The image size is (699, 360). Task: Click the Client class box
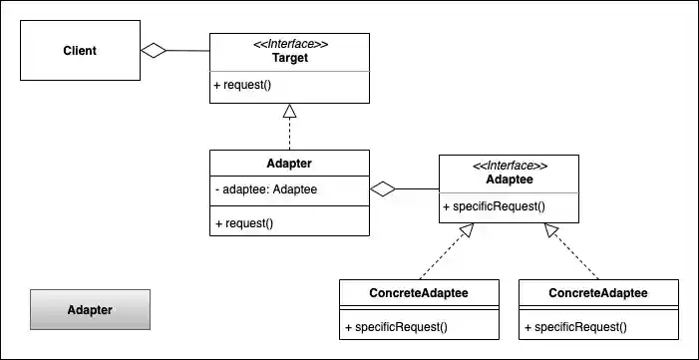click(80, 51)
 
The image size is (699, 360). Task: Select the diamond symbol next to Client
click(153, 51)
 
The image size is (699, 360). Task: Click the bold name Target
click(289, 59)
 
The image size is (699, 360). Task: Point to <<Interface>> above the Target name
click(289, 45)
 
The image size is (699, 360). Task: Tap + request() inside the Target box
click(242, 85)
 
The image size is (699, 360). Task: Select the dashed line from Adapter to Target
click(289, 135)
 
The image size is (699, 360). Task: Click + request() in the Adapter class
click(243, 223)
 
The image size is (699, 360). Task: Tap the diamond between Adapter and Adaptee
click(383, 187)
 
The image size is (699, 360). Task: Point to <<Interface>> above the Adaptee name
click(508, 165)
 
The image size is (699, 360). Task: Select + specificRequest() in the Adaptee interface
click(494, 206)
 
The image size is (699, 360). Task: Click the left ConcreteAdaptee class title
click(419, 293)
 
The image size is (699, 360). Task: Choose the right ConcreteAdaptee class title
click(598, 293)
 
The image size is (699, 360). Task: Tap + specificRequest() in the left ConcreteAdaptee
click(396, 326)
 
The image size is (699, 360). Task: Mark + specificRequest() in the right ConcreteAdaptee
click(575, 326)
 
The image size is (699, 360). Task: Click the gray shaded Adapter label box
click(90, 309)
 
